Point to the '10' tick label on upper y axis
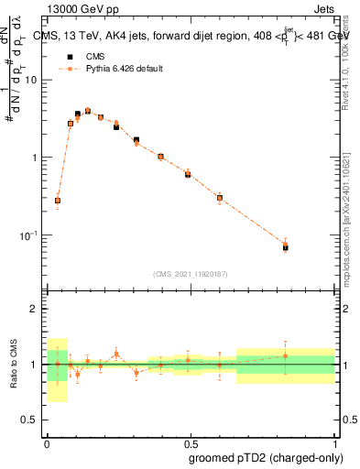pyautogui.click(x=31, y=81)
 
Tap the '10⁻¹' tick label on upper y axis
pyautogui.click(x=27, y=235)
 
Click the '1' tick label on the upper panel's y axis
pyautogui.click(x=35, y=158)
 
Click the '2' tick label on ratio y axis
pyautogui.click(x=35, y=310)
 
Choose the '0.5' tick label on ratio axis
pyautogui.click(x=29, y=420)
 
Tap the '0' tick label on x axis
pyautogui.click(x=47, y=442)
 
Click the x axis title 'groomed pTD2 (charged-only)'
pyautogui.click(x=266, y=458)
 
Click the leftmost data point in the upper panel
pyautogui.click(x=58, y=201)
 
